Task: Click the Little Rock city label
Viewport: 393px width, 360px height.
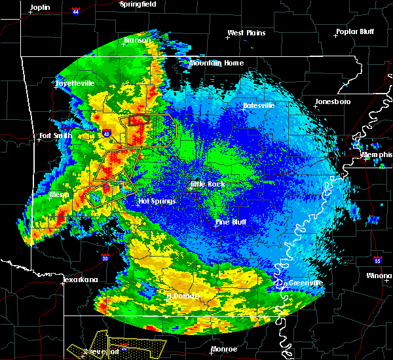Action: pos(208,185)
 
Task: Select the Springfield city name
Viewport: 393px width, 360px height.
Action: pos(139,4)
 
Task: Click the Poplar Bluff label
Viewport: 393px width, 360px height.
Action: pos(357,31)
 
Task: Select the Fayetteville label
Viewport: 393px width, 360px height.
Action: pos(75,84)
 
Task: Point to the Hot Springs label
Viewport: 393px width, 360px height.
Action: pos(157,201)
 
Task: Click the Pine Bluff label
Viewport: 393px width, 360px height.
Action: pos(232,222)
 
